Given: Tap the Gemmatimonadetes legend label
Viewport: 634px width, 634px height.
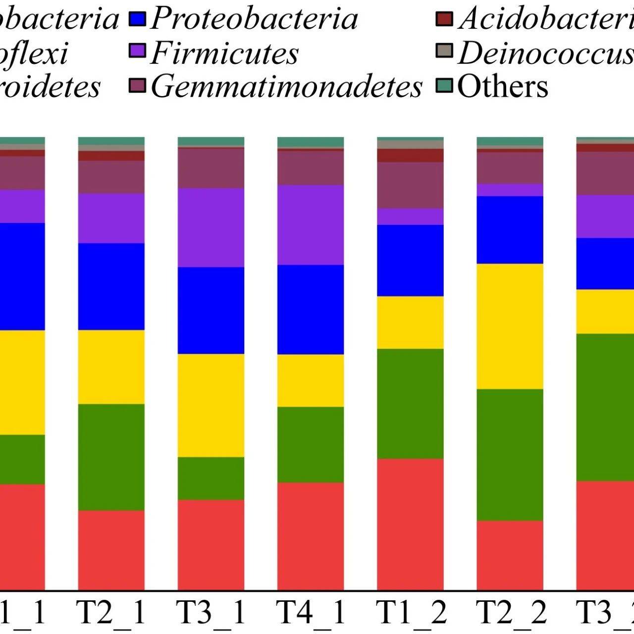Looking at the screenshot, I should coord(286,86).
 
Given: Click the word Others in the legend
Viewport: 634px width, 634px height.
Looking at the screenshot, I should coord(502,86).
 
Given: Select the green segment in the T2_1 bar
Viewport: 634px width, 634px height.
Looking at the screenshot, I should coord(111,457).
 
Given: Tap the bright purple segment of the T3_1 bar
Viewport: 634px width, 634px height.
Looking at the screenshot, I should coord(211,227).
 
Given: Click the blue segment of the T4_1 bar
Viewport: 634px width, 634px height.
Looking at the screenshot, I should coord(311,309).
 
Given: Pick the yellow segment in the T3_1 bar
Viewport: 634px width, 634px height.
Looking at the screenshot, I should coord(211,405).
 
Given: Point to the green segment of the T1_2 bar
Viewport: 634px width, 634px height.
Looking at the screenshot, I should coord(410,403).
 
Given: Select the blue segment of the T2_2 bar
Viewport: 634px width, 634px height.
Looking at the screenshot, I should coord(510,230).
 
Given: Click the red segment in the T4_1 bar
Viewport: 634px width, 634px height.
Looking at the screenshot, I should coord(311,536).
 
